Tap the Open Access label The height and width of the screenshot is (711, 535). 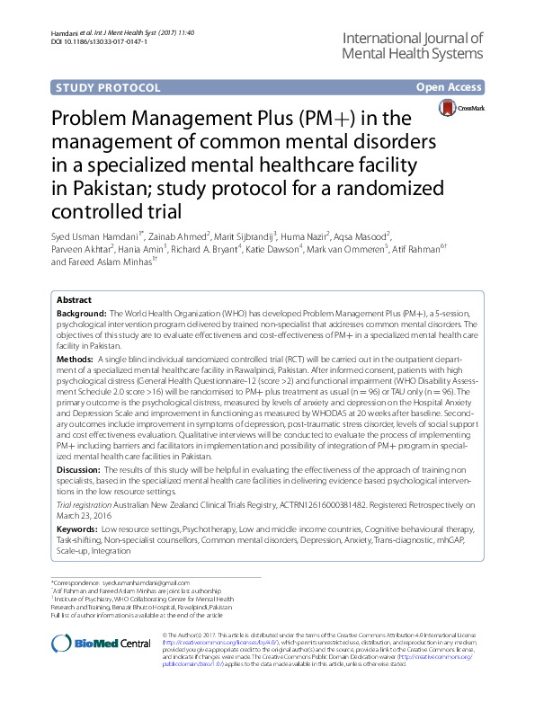coord(450,87)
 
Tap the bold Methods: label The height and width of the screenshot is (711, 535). coord(75,358)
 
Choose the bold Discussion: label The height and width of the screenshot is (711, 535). coord(79,469)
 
